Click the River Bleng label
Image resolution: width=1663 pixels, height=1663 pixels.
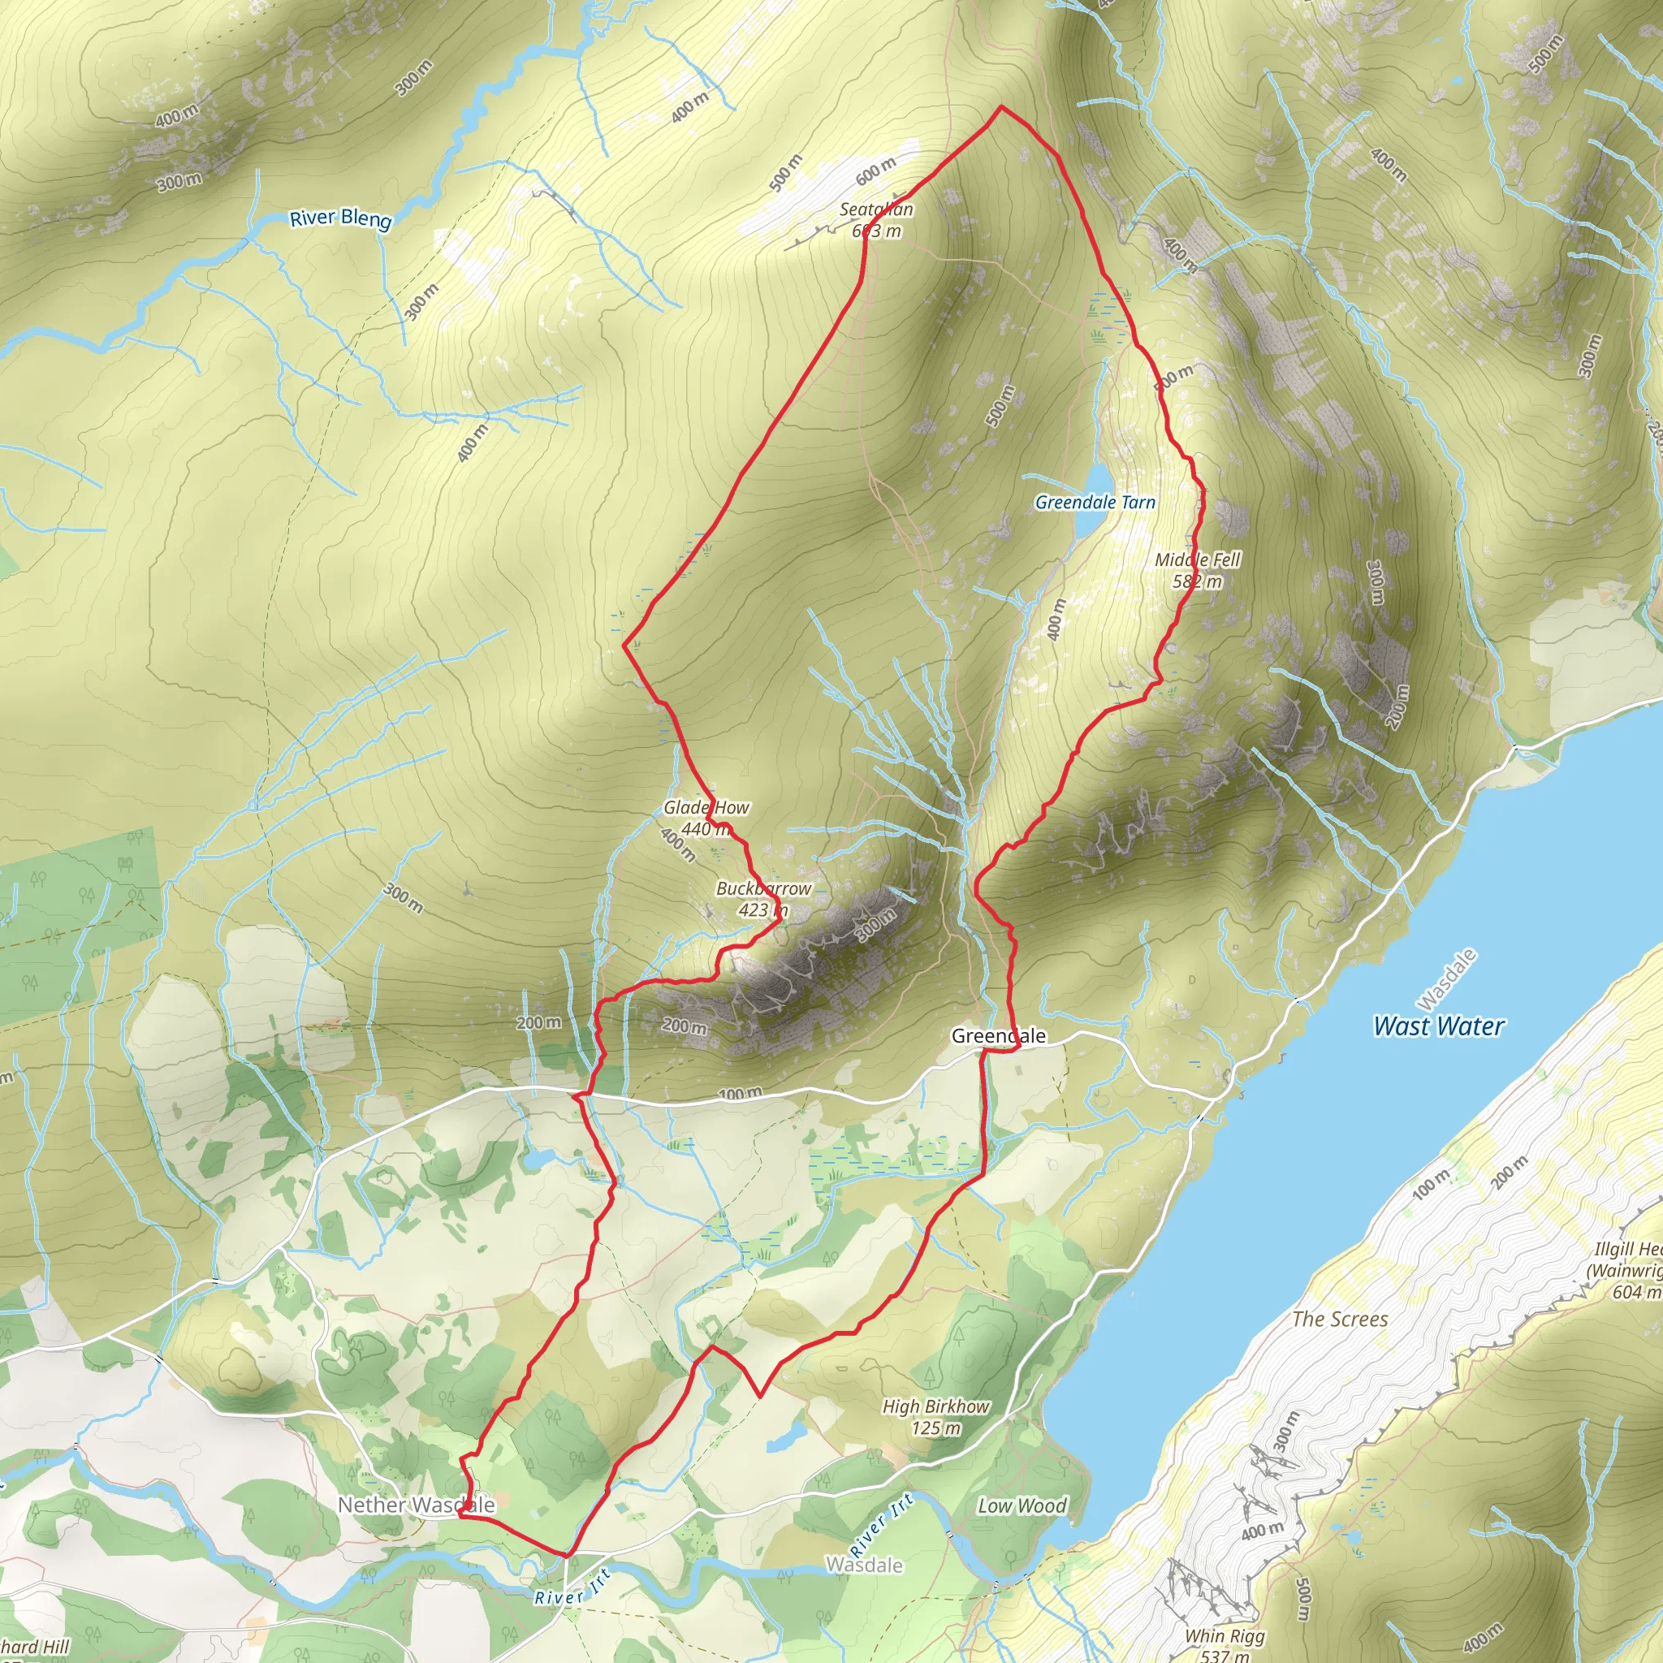340,218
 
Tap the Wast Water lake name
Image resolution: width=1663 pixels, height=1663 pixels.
1439,1026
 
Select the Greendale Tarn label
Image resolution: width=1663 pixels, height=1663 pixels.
1095,502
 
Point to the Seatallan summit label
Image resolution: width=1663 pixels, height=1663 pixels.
876,219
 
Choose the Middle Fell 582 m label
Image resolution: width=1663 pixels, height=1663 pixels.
1198,570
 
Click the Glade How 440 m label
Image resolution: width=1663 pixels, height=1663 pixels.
706,818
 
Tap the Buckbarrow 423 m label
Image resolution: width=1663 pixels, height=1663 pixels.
763,899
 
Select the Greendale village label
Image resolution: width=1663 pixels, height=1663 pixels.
999,1036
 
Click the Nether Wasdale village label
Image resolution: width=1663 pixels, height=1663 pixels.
416,1505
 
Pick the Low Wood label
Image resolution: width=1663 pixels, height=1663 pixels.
1022,1505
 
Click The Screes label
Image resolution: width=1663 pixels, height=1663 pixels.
1340,1319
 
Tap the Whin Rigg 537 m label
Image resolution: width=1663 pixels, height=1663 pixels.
1224,1645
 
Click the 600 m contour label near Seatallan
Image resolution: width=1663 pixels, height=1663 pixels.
875,171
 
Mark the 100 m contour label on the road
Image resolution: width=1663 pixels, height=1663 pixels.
740,1094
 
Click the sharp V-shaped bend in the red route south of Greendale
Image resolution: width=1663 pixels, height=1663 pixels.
759,1395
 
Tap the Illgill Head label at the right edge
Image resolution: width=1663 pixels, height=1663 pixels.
1626,1270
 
